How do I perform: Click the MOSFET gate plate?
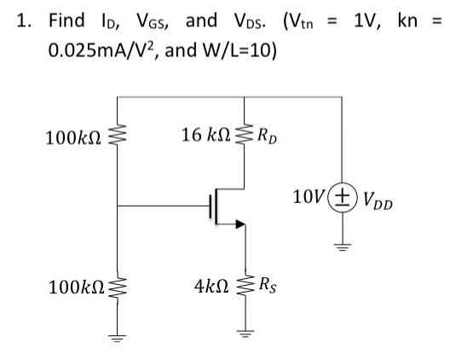point(207,206)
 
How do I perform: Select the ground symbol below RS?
point(245,334)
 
